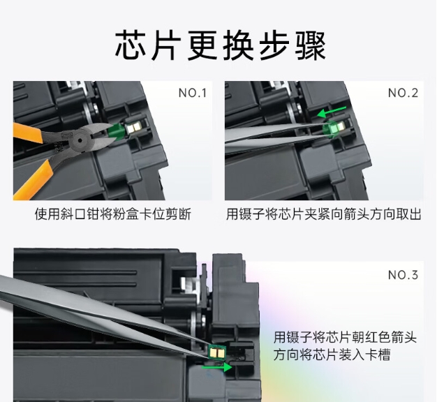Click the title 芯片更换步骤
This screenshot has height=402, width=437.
220,45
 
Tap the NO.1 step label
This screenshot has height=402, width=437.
193,93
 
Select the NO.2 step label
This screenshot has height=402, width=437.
403,93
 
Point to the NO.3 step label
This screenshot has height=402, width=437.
403,275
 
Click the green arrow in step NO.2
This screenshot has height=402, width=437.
332,112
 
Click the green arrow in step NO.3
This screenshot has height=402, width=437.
217,367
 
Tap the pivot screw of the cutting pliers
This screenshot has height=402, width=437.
80,140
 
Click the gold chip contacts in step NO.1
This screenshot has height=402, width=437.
134,128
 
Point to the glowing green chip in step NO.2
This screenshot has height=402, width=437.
333,128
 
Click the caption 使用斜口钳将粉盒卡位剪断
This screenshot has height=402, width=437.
113,214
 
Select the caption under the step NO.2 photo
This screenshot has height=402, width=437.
324,214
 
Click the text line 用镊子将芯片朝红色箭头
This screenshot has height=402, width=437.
345,337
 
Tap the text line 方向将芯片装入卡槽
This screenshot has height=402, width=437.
332,355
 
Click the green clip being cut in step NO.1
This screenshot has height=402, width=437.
116,131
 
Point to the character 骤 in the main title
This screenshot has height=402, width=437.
310,45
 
